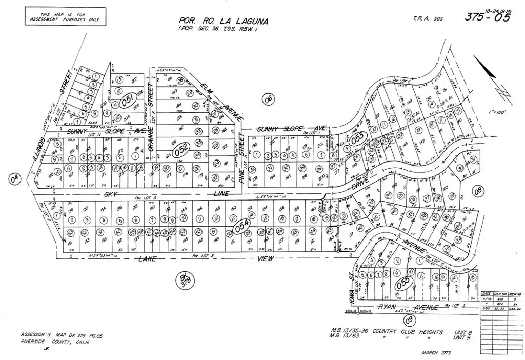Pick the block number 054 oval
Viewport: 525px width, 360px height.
coord(241,226)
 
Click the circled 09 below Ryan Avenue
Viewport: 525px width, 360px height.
coord(409,321)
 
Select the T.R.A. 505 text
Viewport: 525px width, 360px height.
coord(428,19)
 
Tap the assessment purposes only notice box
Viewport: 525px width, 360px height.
coord(65,16)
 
